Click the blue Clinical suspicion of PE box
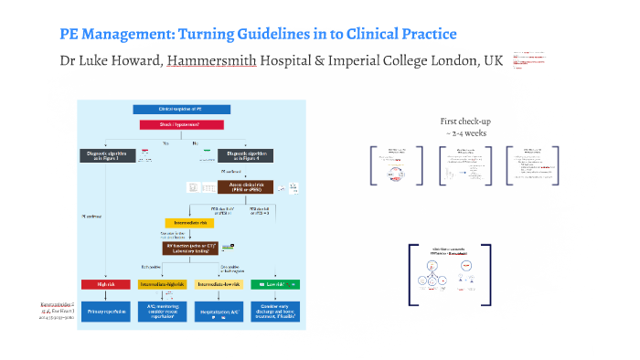point(180,110)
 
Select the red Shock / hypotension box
point(181,124)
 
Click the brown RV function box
point(193,248)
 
